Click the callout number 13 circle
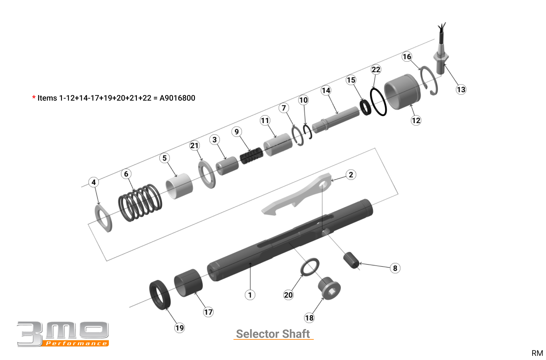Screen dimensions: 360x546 [x=461, y=90]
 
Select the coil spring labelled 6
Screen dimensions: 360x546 [x=140, y=203]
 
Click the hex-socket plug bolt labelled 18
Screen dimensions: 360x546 [x=330, y=288]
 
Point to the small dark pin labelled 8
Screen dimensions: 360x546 [x=351, y=260]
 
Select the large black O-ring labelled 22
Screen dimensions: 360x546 [x=378, y=102]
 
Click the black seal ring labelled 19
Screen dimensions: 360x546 [x=160, y=295]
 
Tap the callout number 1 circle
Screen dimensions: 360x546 [x=250, y=295]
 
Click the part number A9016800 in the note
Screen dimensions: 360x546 [x=177, y=98]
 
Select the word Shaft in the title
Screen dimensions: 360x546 [x=296, y=334]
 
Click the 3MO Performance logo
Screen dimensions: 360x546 [x=63, y=334]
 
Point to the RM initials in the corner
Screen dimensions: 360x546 [x=537, y=353]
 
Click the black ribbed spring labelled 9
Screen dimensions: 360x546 [x=251, y=156]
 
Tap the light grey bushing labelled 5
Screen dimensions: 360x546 [x=179, y=186]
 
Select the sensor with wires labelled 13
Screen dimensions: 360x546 [x=441, y=56]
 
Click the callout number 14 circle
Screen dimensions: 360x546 [x=326, y=90]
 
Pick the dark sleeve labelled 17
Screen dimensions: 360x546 [x=189, y=283]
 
